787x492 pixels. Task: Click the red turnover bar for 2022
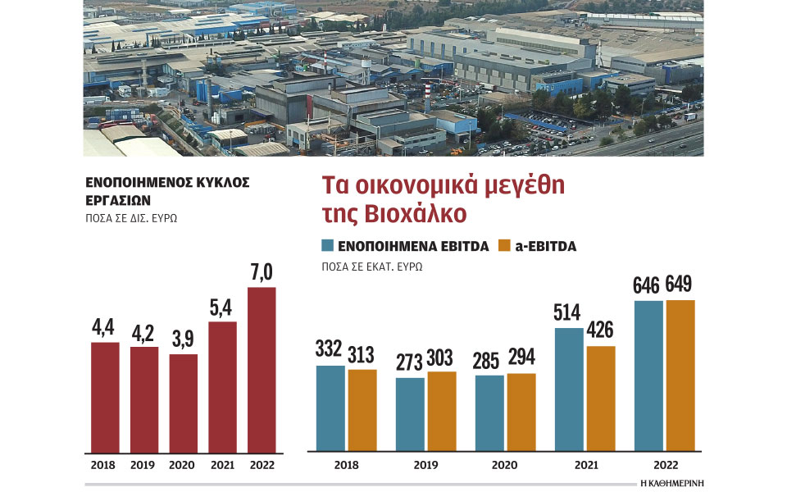point(262,369)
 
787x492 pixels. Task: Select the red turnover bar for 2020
point(183,403)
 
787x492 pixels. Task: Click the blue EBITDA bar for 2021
point(570,389)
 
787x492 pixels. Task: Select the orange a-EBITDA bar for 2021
point(601,399)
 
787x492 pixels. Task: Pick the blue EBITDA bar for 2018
point(330,408)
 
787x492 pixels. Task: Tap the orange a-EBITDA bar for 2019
point(441,411)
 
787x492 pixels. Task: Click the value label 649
point(680,285)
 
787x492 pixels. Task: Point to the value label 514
point(570,312)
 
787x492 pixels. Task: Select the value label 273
point(410,362)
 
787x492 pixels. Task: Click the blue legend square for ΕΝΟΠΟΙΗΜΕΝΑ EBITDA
point(327,245)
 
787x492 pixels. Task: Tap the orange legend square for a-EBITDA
point(505,245)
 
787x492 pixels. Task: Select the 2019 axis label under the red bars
point(143,464)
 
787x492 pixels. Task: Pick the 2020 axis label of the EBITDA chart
point(506,464)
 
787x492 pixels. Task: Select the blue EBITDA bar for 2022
point(648,376)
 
